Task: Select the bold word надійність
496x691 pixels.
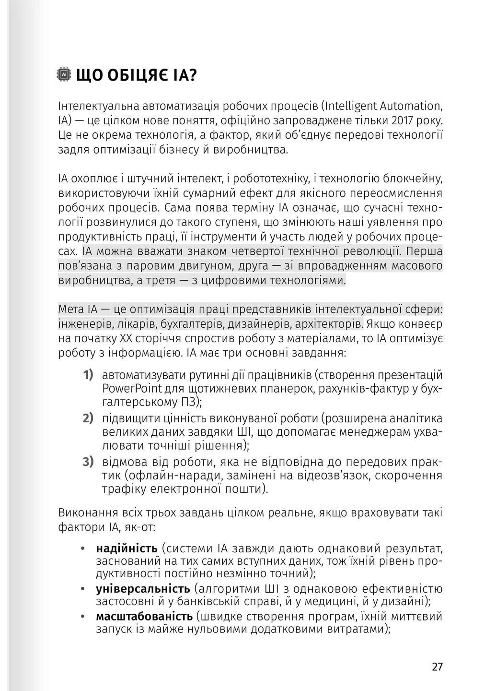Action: (x=127, y=548)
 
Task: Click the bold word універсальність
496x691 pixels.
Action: (x=143, y=589)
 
